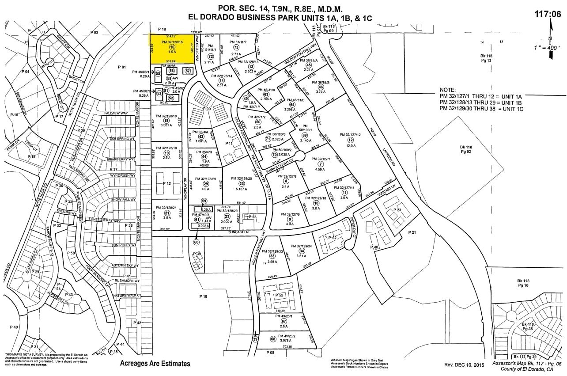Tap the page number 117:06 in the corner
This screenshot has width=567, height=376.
548,14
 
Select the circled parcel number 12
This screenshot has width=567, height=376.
351,140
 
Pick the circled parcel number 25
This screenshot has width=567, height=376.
241,183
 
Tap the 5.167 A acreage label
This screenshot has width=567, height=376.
241,189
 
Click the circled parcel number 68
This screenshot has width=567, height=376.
273,339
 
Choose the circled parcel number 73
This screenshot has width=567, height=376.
236,47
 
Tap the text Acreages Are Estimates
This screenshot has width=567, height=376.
155,364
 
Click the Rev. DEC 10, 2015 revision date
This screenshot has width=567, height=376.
465,365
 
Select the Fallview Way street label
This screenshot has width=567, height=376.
116,113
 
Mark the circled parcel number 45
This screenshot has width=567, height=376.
309,65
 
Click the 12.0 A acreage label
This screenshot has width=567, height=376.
351,145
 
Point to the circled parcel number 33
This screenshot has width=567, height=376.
272,256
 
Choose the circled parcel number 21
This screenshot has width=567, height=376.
166,213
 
